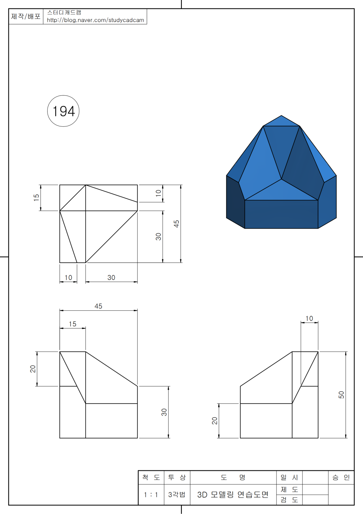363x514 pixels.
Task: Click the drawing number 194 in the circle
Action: click(x=64, y=111)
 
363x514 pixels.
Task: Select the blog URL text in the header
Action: click(x=95, y=20)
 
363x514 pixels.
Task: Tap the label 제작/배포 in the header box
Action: click(x=26, y=16)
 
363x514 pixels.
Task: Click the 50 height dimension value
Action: click(x=341, y=395)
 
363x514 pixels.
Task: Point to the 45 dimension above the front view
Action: click(x=98, y=306)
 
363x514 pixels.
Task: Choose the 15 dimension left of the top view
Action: click(x=36, y=198)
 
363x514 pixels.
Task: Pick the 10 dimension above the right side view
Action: click(x=309, y=318)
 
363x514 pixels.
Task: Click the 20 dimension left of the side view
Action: click(x=214, y=420)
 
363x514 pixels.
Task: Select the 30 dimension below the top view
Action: click(x=111, y=277)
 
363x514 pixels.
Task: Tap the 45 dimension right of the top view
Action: click(x=176, y=224)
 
